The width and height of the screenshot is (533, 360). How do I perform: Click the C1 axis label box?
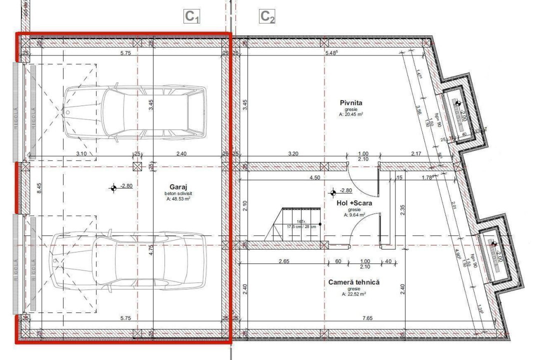[192, 16]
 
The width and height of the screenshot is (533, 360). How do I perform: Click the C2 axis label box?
[267, 16]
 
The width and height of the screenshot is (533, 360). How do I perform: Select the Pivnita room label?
[350, 103]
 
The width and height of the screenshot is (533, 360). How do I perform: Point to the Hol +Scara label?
[353, 203]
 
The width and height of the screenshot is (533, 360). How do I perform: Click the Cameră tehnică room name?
[353, 282]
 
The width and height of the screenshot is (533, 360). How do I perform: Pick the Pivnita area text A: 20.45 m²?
[350, 114]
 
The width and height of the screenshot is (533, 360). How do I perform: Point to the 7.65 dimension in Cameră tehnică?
[368, 318]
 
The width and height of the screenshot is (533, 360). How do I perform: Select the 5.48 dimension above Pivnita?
[331, 53]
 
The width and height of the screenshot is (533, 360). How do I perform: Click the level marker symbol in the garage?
[114, 188]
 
